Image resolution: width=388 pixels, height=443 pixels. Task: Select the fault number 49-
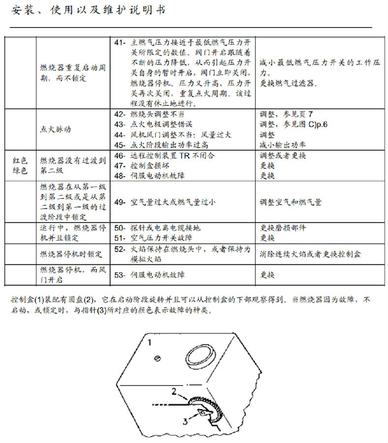click(120, 202)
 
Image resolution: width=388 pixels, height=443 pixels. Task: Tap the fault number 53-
click(120, 275)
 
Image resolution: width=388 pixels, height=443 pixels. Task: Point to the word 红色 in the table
click(20, 161)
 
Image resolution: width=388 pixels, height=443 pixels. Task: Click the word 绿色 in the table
click(20, 171)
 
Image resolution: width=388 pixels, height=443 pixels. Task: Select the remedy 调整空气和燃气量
click(291, 202)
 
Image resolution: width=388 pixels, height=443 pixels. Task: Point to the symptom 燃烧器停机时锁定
click(71, 254)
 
